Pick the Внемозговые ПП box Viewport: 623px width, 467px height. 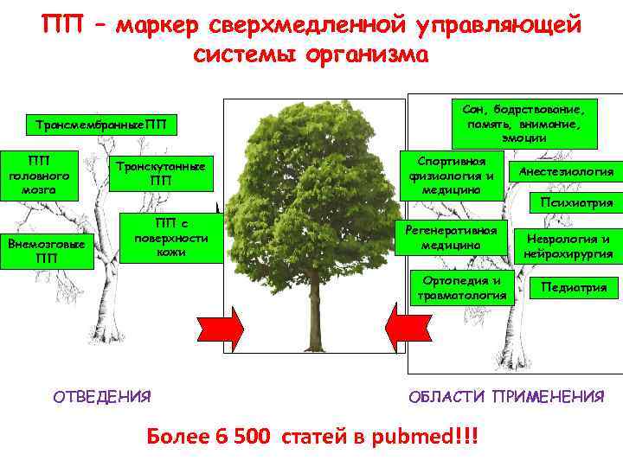pos(46,250)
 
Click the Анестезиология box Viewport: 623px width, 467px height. pos(566,171)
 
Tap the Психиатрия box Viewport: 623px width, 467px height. pos(575,202)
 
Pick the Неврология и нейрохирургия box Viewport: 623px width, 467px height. pos(568,246)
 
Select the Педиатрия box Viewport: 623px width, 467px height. pos(574,287)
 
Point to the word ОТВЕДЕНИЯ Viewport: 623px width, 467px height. pos(101,397)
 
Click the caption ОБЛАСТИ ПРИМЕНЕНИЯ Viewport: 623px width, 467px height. pos(506,397)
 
